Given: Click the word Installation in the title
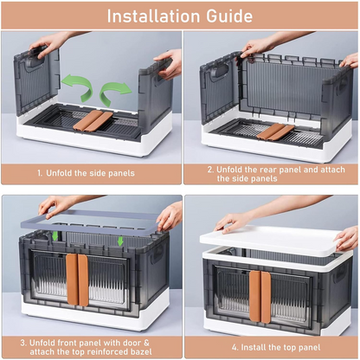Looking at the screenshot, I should point(152,16).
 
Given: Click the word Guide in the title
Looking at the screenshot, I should point(228,16).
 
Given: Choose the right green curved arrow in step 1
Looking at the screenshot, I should point(114,91).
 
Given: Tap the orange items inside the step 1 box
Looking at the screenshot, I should point(92,119).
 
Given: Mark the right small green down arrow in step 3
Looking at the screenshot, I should point(121,241).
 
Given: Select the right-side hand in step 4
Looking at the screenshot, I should point(346,237).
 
